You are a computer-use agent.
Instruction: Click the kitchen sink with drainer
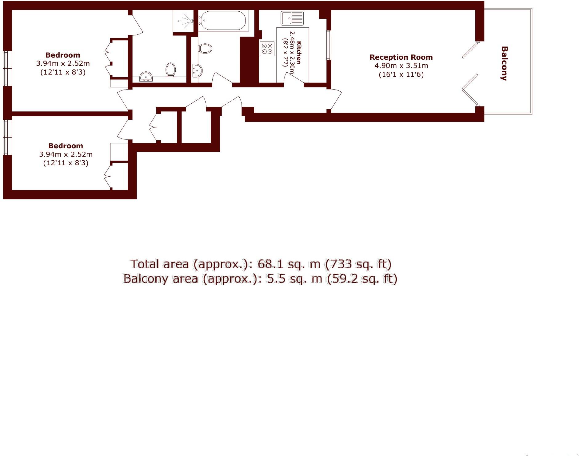click(292, 18)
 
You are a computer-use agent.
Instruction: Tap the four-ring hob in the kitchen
click(267, 49)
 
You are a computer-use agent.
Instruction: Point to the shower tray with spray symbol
click(183, 21)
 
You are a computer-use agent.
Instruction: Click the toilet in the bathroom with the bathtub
click(205, 48)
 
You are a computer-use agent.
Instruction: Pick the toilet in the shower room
click(171, 70)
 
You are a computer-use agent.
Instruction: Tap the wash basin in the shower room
click(146, 77)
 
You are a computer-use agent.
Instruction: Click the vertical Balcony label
click(504, 63)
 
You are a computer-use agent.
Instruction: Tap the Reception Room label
click(401, 57)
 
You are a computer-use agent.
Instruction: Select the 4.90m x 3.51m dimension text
click(401, 66)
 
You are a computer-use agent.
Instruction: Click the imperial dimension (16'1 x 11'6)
click(401, 74)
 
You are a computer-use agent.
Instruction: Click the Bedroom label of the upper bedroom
click(63, 55)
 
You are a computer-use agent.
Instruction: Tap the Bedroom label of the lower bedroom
click(66, 146)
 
